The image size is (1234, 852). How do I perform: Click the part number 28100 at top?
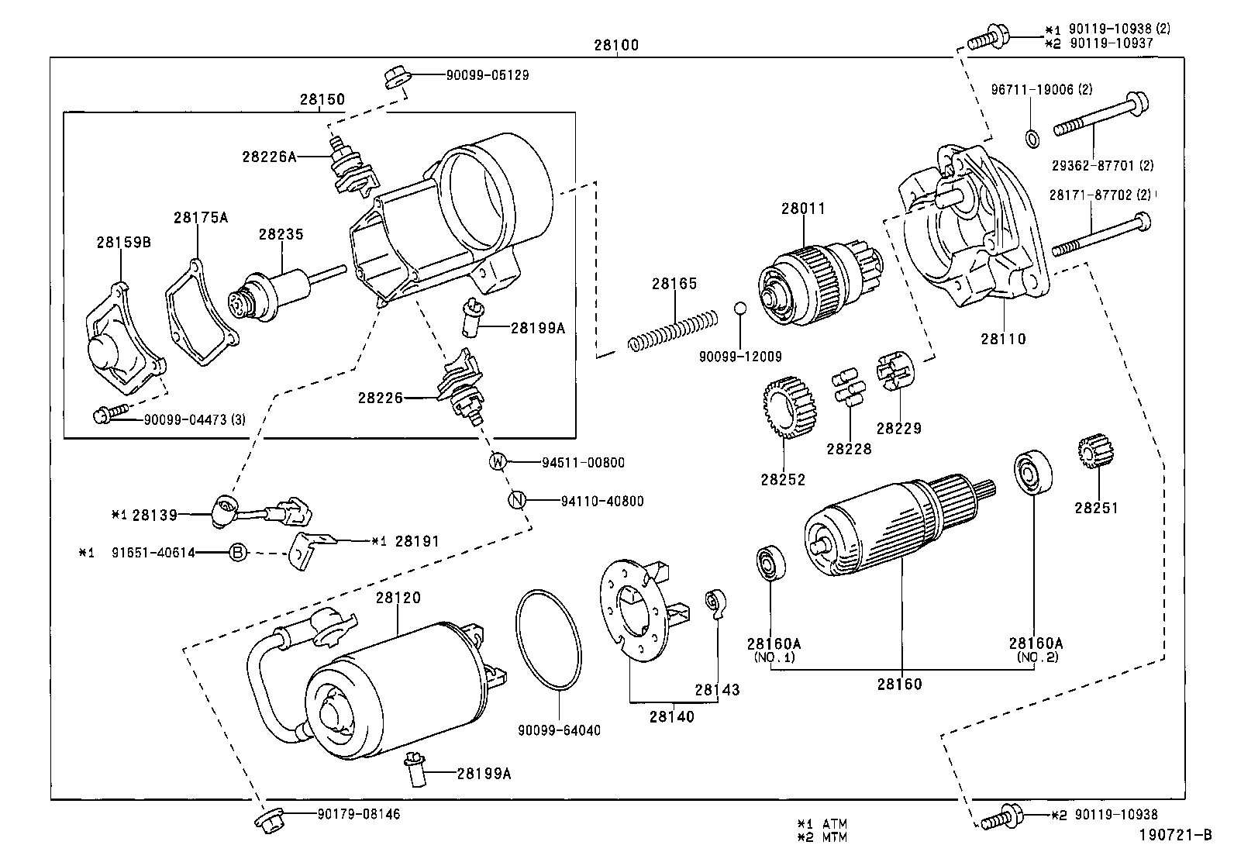pos(616,45)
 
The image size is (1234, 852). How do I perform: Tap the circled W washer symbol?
pos(498,462)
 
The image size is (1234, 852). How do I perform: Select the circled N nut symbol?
pos(517,501)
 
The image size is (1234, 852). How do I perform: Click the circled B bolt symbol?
pos(238,553)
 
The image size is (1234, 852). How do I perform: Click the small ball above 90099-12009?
pos(739,308)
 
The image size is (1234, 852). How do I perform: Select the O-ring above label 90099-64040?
pos(548,640)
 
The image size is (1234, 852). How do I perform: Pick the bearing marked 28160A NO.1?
pos(770,563)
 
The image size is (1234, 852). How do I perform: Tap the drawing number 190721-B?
pos(1174,835)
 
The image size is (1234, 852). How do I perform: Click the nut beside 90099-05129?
pos(394,78)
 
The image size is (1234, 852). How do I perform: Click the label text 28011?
pos(803,209)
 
